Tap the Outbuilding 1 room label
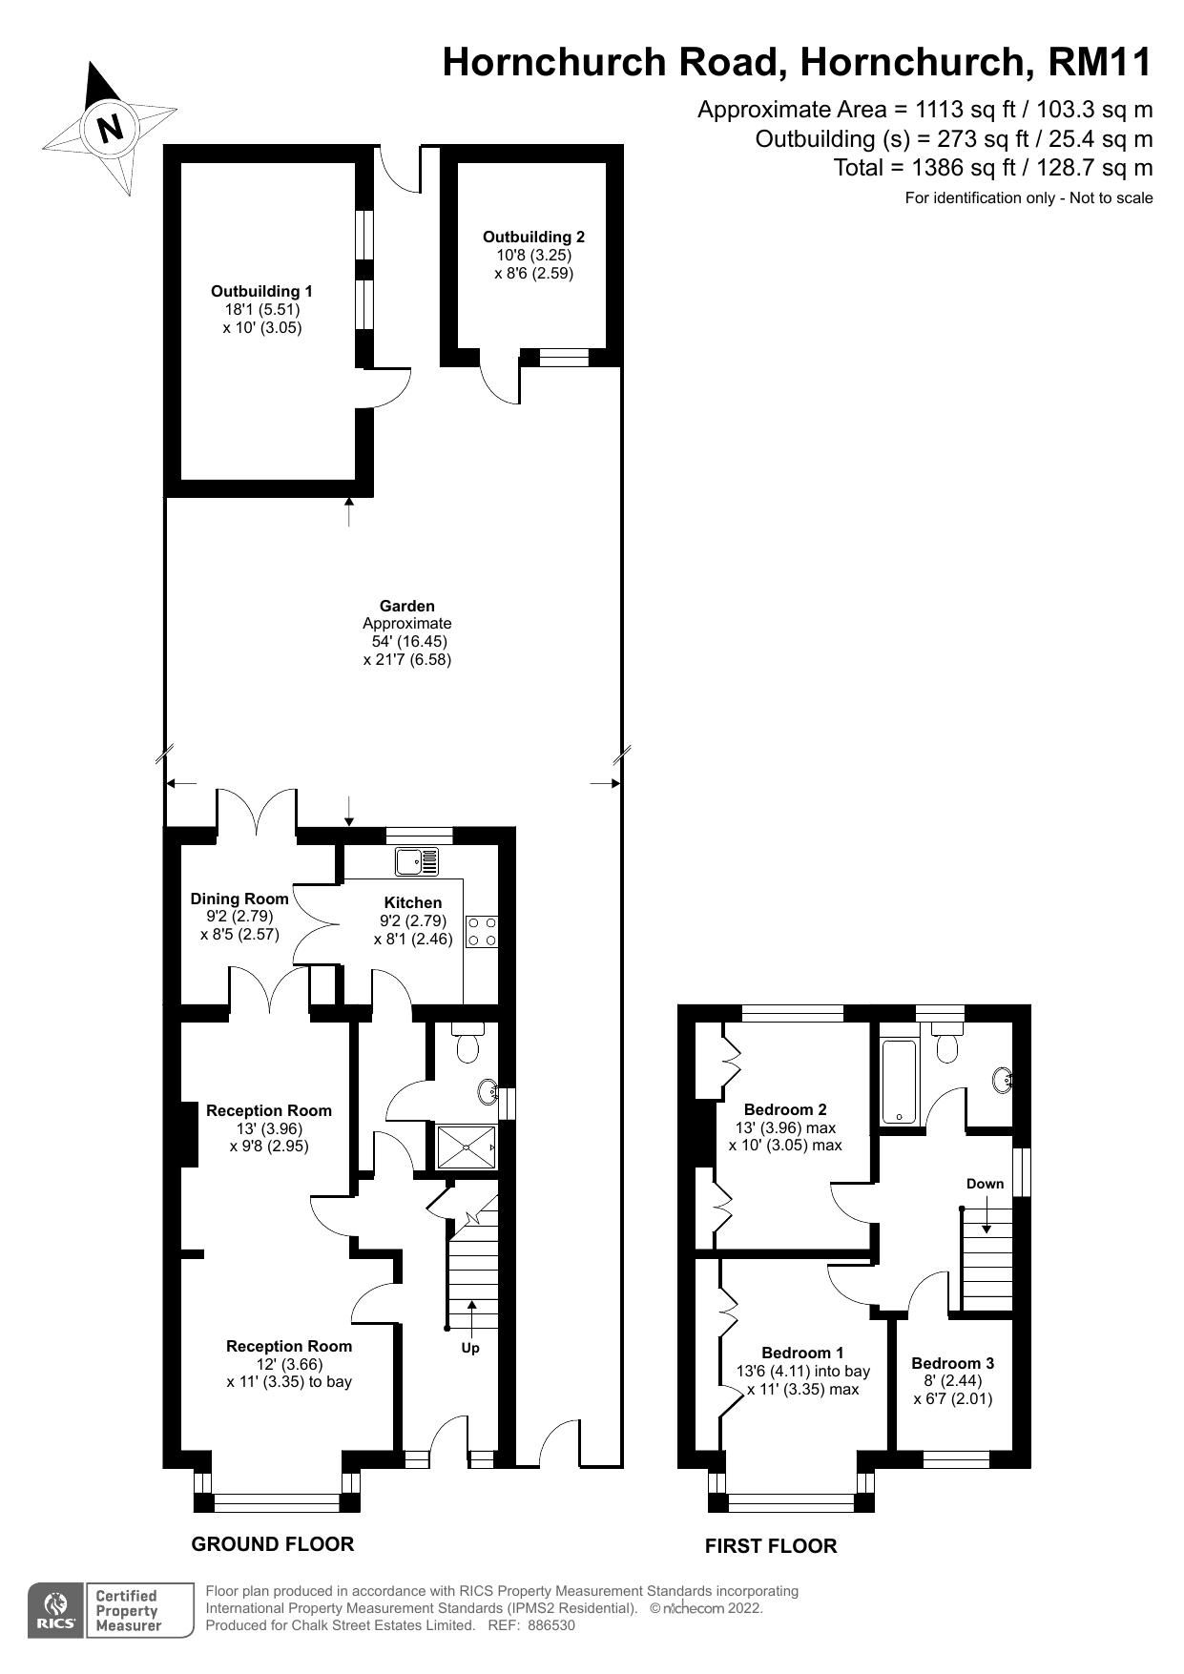pos(261,292)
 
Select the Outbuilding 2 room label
pos(533,238)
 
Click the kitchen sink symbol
pos(417,861)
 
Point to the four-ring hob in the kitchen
pos(481,931)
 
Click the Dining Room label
pos(239,899)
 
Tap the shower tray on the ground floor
pos(467,1147)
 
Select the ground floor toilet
pos(467,1045)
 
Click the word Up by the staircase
pos(470,1348)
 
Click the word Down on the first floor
pos(985,1184)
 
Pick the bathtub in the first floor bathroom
pos(899,1082)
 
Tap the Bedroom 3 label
pos(952,1363)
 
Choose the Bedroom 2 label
pos(785,1109)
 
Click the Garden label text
pos(407,606)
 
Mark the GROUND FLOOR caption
pos(273,1544)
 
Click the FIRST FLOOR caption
pos(771,1546)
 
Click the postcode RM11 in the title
pos(1100,62)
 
